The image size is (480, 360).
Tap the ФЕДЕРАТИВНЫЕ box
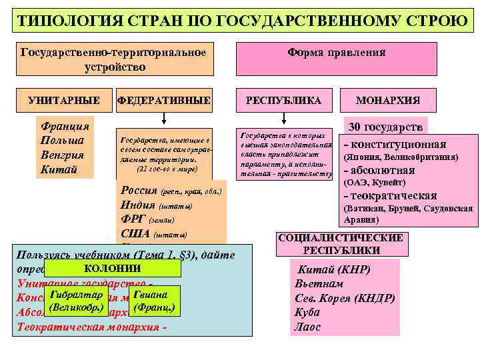coord(164,101)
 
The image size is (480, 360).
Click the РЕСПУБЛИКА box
coord(284,101)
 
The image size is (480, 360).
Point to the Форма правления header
coord(337,52)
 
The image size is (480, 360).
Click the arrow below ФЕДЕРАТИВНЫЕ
coord(164,117)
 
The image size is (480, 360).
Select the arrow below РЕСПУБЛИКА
coord(284,117)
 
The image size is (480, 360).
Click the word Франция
coord(65,126)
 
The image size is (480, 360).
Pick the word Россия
coord(139,191)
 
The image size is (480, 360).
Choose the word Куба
coord(307,312)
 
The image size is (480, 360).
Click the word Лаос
coord(307,327)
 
